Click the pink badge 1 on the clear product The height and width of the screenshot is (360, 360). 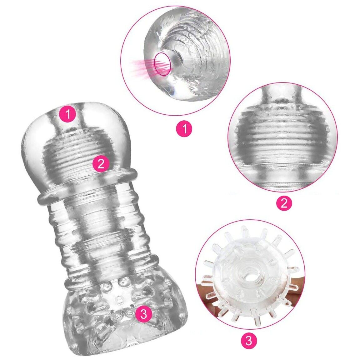(x=68, y=114)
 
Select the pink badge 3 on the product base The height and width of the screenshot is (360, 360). (x=143, y=314)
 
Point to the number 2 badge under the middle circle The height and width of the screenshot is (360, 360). (x=284, y=202)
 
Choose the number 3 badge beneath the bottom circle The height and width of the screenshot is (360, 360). (x=249, y=341)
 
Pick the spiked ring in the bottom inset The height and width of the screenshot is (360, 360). (x=249, y=276)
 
